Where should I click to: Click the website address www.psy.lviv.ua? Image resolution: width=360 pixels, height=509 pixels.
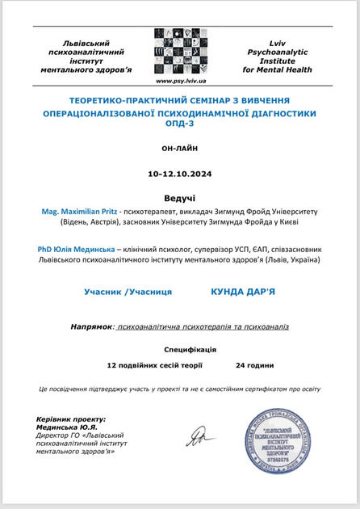point(181,81)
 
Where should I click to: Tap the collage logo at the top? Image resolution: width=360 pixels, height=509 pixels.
point(180,52)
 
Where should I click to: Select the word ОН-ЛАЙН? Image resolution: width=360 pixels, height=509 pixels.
point(180,149)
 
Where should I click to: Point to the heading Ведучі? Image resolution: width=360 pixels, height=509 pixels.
point(179,196)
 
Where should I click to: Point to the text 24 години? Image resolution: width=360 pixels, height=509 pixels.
point(255,365)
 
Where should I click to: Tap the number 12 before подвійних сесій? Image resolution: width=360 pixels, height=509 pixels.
point(111,365)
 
